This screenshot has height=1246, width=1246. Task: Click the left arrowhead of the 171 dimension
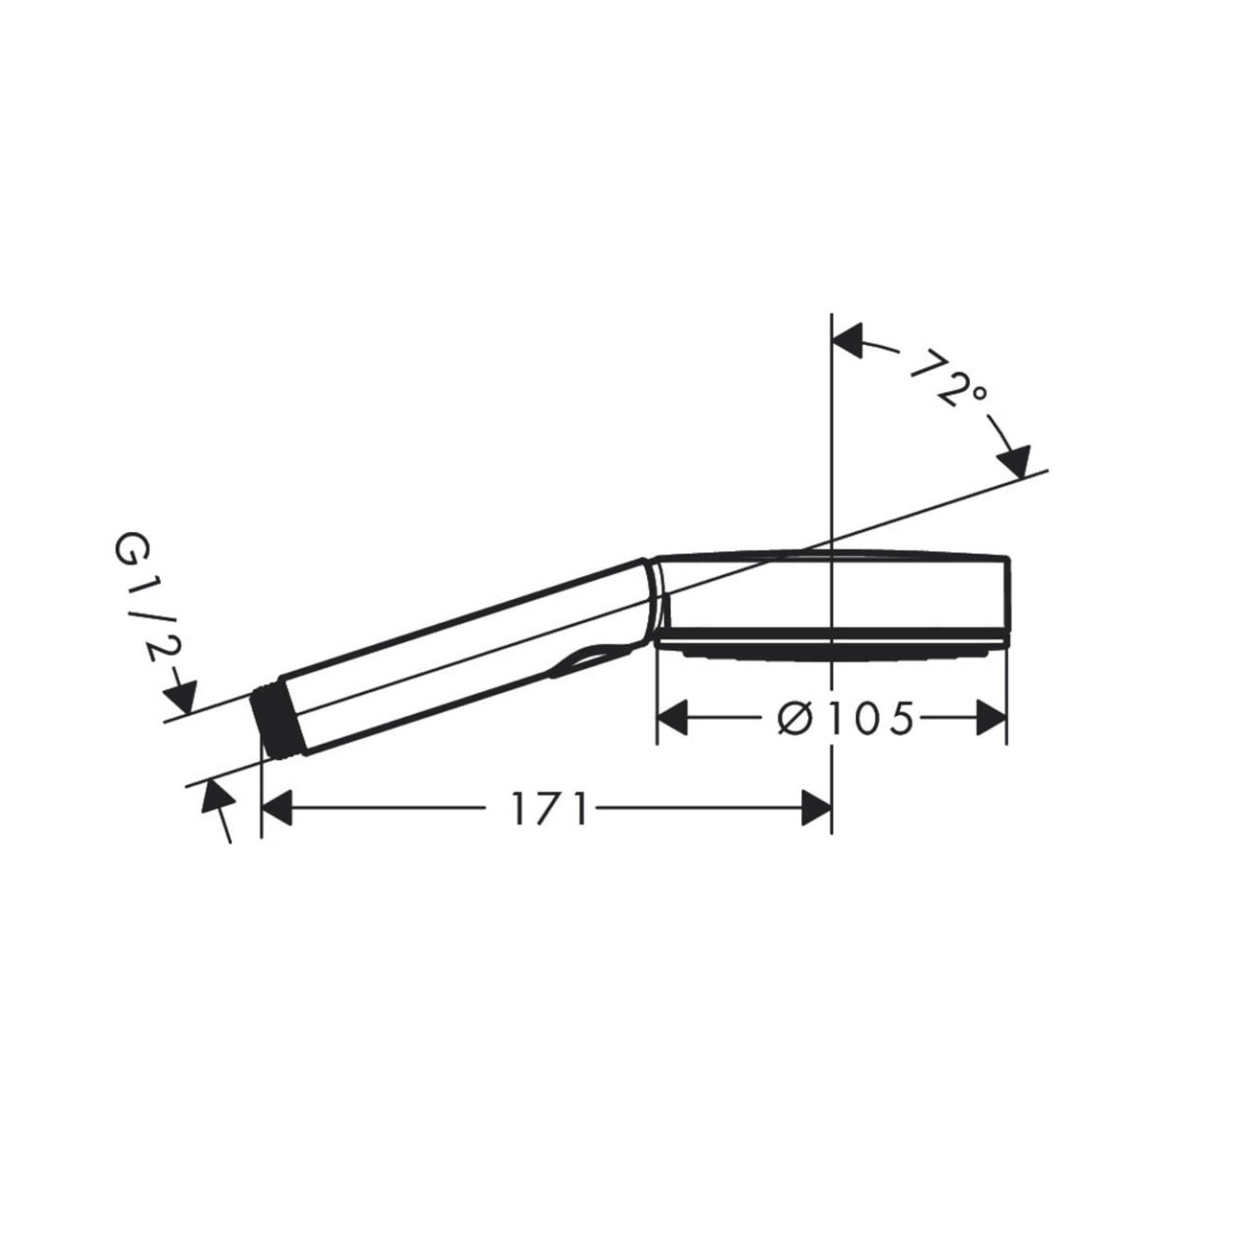pyautogui.click(x=276, y=809)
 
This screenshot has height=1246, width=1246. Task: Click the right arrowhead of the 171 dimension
pyautogui.click(x=817, y=809)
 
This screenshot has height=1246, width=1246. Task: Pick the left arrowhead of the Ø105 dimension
pyautogui.click(x=672, y=718)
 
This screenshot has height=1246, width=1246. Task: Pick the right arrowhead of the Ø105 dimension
pyautogui.click(x=992, y=718)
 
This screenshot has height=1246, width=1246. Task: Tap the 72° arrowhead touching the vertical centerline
pyautogui.click(x=848, y=340)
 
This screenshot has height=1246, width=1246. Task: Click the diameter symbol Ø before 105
pyautogui.click(x=795, y=718)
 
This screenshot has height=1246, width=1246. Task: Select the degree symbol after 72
pyautogui.click(x=976, y=392)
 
